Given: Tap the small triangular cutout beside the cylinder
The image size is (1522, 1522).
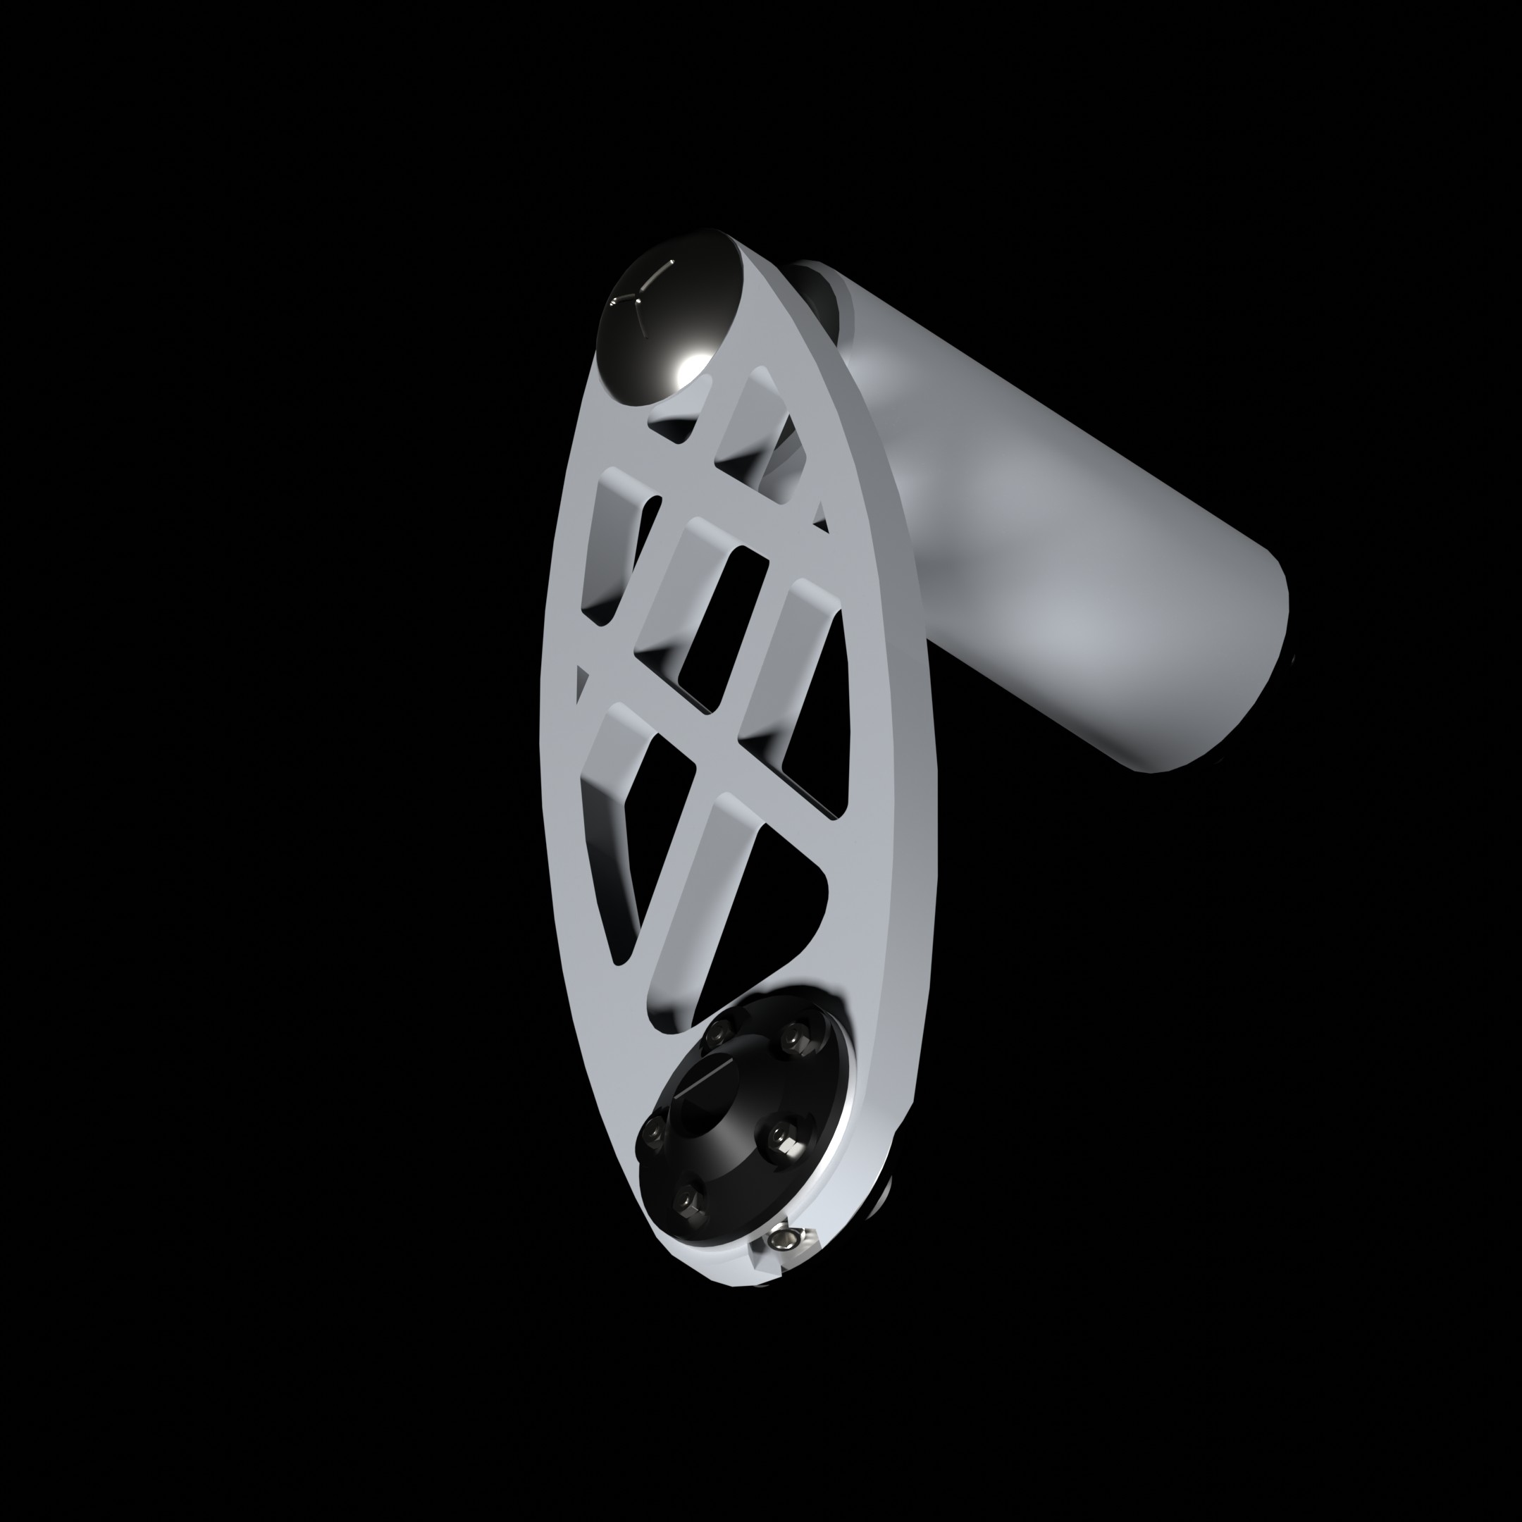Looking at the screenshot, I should tap(821, 516).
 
